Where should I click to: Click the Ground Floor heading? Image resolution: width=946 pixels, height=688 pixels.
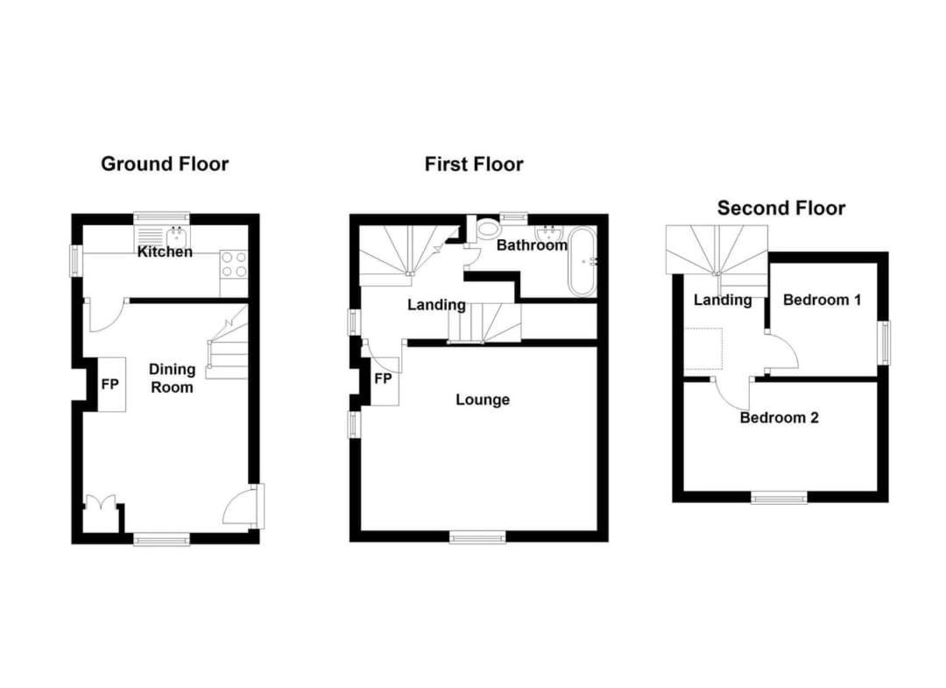(165, 164)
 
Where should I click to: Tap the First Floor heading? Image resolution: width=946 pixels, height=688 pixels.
(474, 164)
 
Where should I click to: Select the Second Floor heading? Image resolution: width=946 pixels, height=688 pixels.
(780, 209)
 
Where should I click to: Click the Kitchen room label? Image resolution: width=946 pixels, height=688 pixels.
(165, 252)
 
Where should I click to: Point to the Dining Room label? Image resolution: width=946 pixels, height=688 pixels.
(172, 379)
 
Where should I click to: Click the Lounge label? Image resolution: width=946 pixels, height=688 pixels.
(483, 400)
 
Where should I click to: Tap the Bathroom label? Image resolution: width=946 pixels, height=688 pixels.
(532, 245)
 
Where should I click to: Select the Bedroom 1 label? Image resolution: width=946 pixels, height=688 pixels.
(822, 300)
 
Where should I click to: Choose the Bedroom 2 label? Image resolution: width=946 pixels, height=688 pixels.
(779, 418)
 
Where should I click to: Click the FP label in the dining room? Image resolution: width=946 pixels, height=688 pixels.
(109, 384)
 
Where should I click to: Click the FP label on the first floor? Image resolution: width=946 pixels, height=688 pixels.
(383, 379)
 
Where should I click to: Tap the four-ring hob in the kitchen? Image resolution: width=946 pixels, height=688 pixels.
(234, 265)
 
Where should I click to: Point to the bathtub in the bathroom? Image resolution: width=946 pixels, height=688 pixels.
(582, 262)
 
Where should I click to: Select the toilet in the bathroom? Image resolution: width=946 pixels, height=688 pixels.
(486, 229)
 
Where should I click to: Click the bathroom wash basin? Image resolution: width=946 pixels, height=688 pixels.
(548, 232)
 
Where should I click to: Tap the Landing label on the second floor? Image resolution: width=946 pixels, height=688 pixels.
(722, 300)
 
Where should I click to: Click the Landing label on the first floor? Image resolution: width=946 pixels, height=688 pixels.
(436, 305)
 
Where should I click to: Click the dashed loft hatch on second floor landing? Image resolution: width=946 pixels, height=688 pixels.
(703, 349)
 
